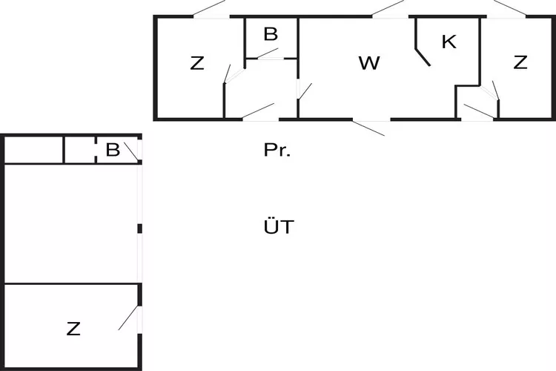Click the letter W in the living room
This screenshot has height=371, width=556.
pyautogui.click(x=368, y=64)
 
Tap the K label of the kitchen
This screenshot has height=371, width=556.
pyautogui.click(x=449, y=42)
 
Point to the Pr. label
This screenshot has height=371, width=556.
pyautogui.click(x=277, y=151)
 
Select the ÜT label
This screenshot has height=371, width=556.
pyautogui.click(x=278, y=227)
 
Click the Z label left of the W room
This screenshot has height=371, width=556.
pyautogui.click(x=196, y=64)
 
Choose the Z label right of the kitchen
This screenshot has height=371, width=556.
pyautogui.click(x=520, y=63)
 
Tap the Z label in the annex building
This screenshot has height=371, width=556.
pyautogui.click(x=73, y=329)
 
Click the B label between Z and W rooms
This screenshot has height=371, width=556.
pyautogui.click(x=271, y=34)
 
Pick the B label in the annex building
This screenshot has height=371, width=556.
pyautogui.click(x=113, y=150)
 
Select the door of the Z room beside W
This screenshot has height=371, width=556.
pyautogui.click(x=229, y=73)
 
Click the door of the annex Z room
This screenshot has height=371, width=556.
pyautogui.click(x=129, y=319)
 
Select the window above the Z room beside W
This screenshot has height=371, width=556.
pyautogui.click(x=210, y=10)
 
